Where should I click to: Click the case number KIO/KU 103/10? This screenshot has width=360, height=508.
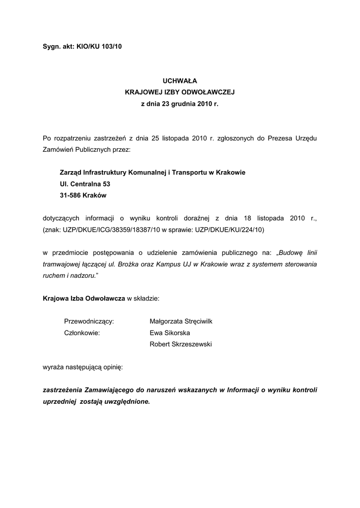coord(99,47)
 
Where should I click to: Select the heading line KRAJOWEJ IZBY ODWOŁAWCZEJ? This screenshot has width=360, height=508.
coord(180,92)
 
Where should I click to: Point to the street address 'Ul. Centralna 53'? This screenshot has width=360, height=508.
coord(84,184)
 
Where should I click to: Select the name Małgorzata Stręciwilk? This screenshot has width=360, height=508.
coord(181,321)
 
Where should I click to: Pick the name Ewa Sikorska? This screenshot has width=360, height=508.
coord(169,333)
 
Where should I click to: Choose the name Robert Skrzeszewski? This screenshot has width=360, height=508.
coord(180,344)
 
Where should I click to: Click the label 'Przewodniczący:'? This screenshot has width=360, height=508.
coord(89,321)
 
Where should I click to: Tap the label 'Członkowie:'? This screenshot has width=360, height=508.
coord(82,333)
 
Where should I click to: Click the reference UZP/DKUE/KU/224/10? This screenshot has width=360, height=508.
coord(230,230)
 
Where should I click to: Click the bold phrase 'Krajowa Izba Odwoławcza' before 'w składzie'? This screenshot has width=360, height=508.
coord(84,298)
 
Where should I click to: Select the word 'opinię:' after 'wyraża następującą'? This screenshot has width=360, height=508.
coord(113,368)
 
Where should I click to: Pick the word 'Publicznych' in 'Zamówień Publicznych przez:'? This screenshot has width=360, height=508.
coord(92,149)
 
